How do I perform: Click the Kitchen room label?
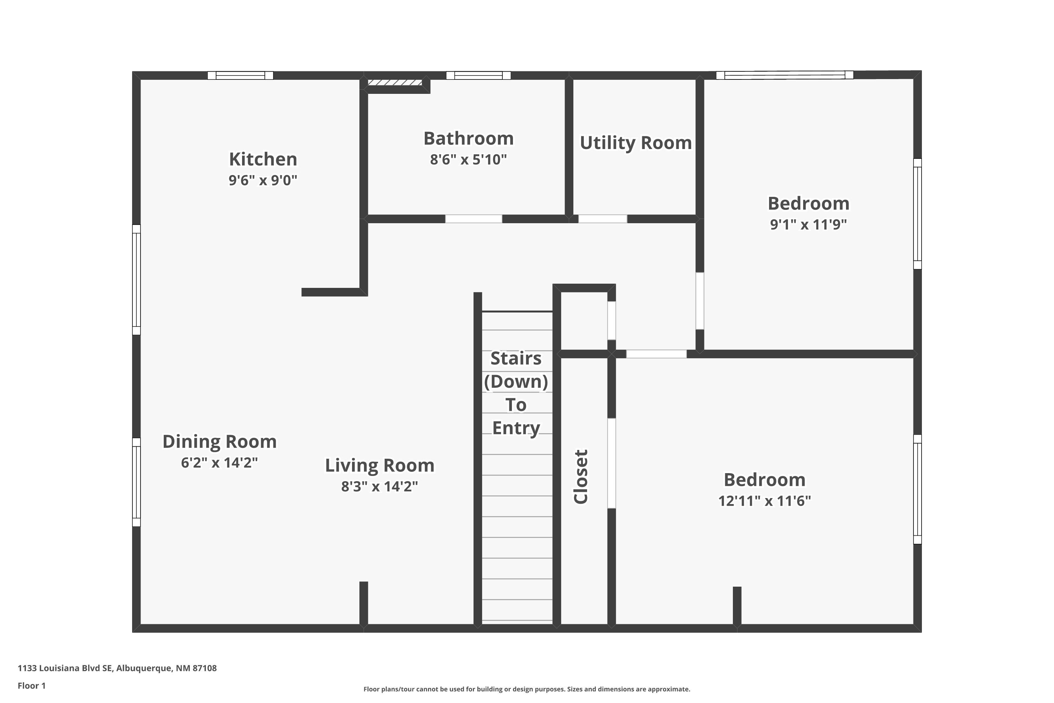coord(263,159)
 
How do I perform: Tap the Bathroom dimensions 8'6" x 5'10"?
coord(468,160)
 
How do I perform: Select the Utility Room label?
coord(636,143)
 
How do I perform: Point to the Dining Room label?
coord(220,441)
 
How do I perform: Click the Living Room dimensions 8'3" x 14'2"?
coord(379,486)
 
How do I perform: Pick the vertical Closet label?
coord(581,477)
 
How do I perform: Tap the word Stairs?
coord(516,358)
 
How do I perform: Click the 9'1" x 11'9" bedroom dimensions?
coord(808,224)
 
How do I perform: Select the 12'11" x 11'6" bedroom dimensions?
coord(765,501)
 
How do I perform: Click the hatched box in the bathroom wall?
coord(395,83)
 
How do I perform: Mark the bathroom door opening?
coord(473,219)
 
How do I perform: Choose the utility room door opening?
coord(603,219)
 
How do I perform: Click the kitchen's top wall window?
coord(240,75)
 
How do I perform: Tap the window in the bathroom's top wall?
coord(478,75)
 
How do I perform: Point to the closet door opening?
coord(611,463)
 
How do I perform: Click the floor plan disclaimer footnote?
coord(527,689)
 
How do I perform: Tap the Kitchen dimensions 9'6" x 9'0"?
coord(263,180)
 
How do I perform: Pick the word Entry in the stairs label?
coord(516,428)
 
